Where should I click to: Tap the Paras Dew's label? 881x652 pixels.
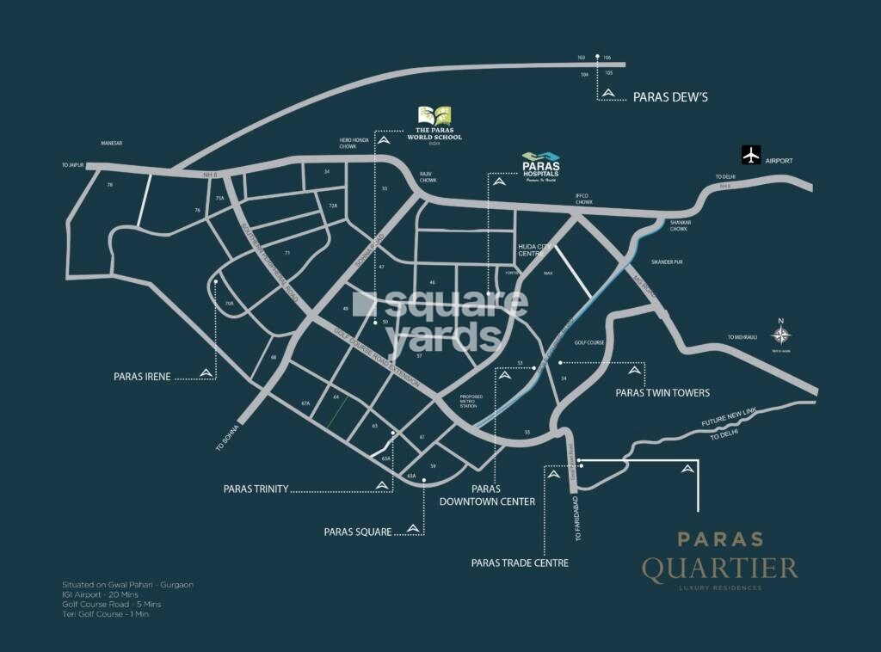(670, 97)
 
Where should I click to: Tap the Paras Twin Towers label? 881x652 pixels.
(662, 392)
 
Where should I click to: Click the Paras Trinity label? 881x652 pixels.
(256, 489)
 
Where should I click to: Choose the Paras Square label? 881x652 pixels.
(357, 532)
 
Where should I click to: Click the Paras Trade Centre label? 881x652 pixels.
(520, 563)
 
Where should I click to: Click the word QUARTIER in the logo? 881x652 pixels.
(719, 568)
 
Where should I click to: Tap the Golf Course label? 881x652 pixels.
(591, 342)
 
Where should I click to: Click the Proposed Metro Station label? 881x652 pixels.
(471, 401)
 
